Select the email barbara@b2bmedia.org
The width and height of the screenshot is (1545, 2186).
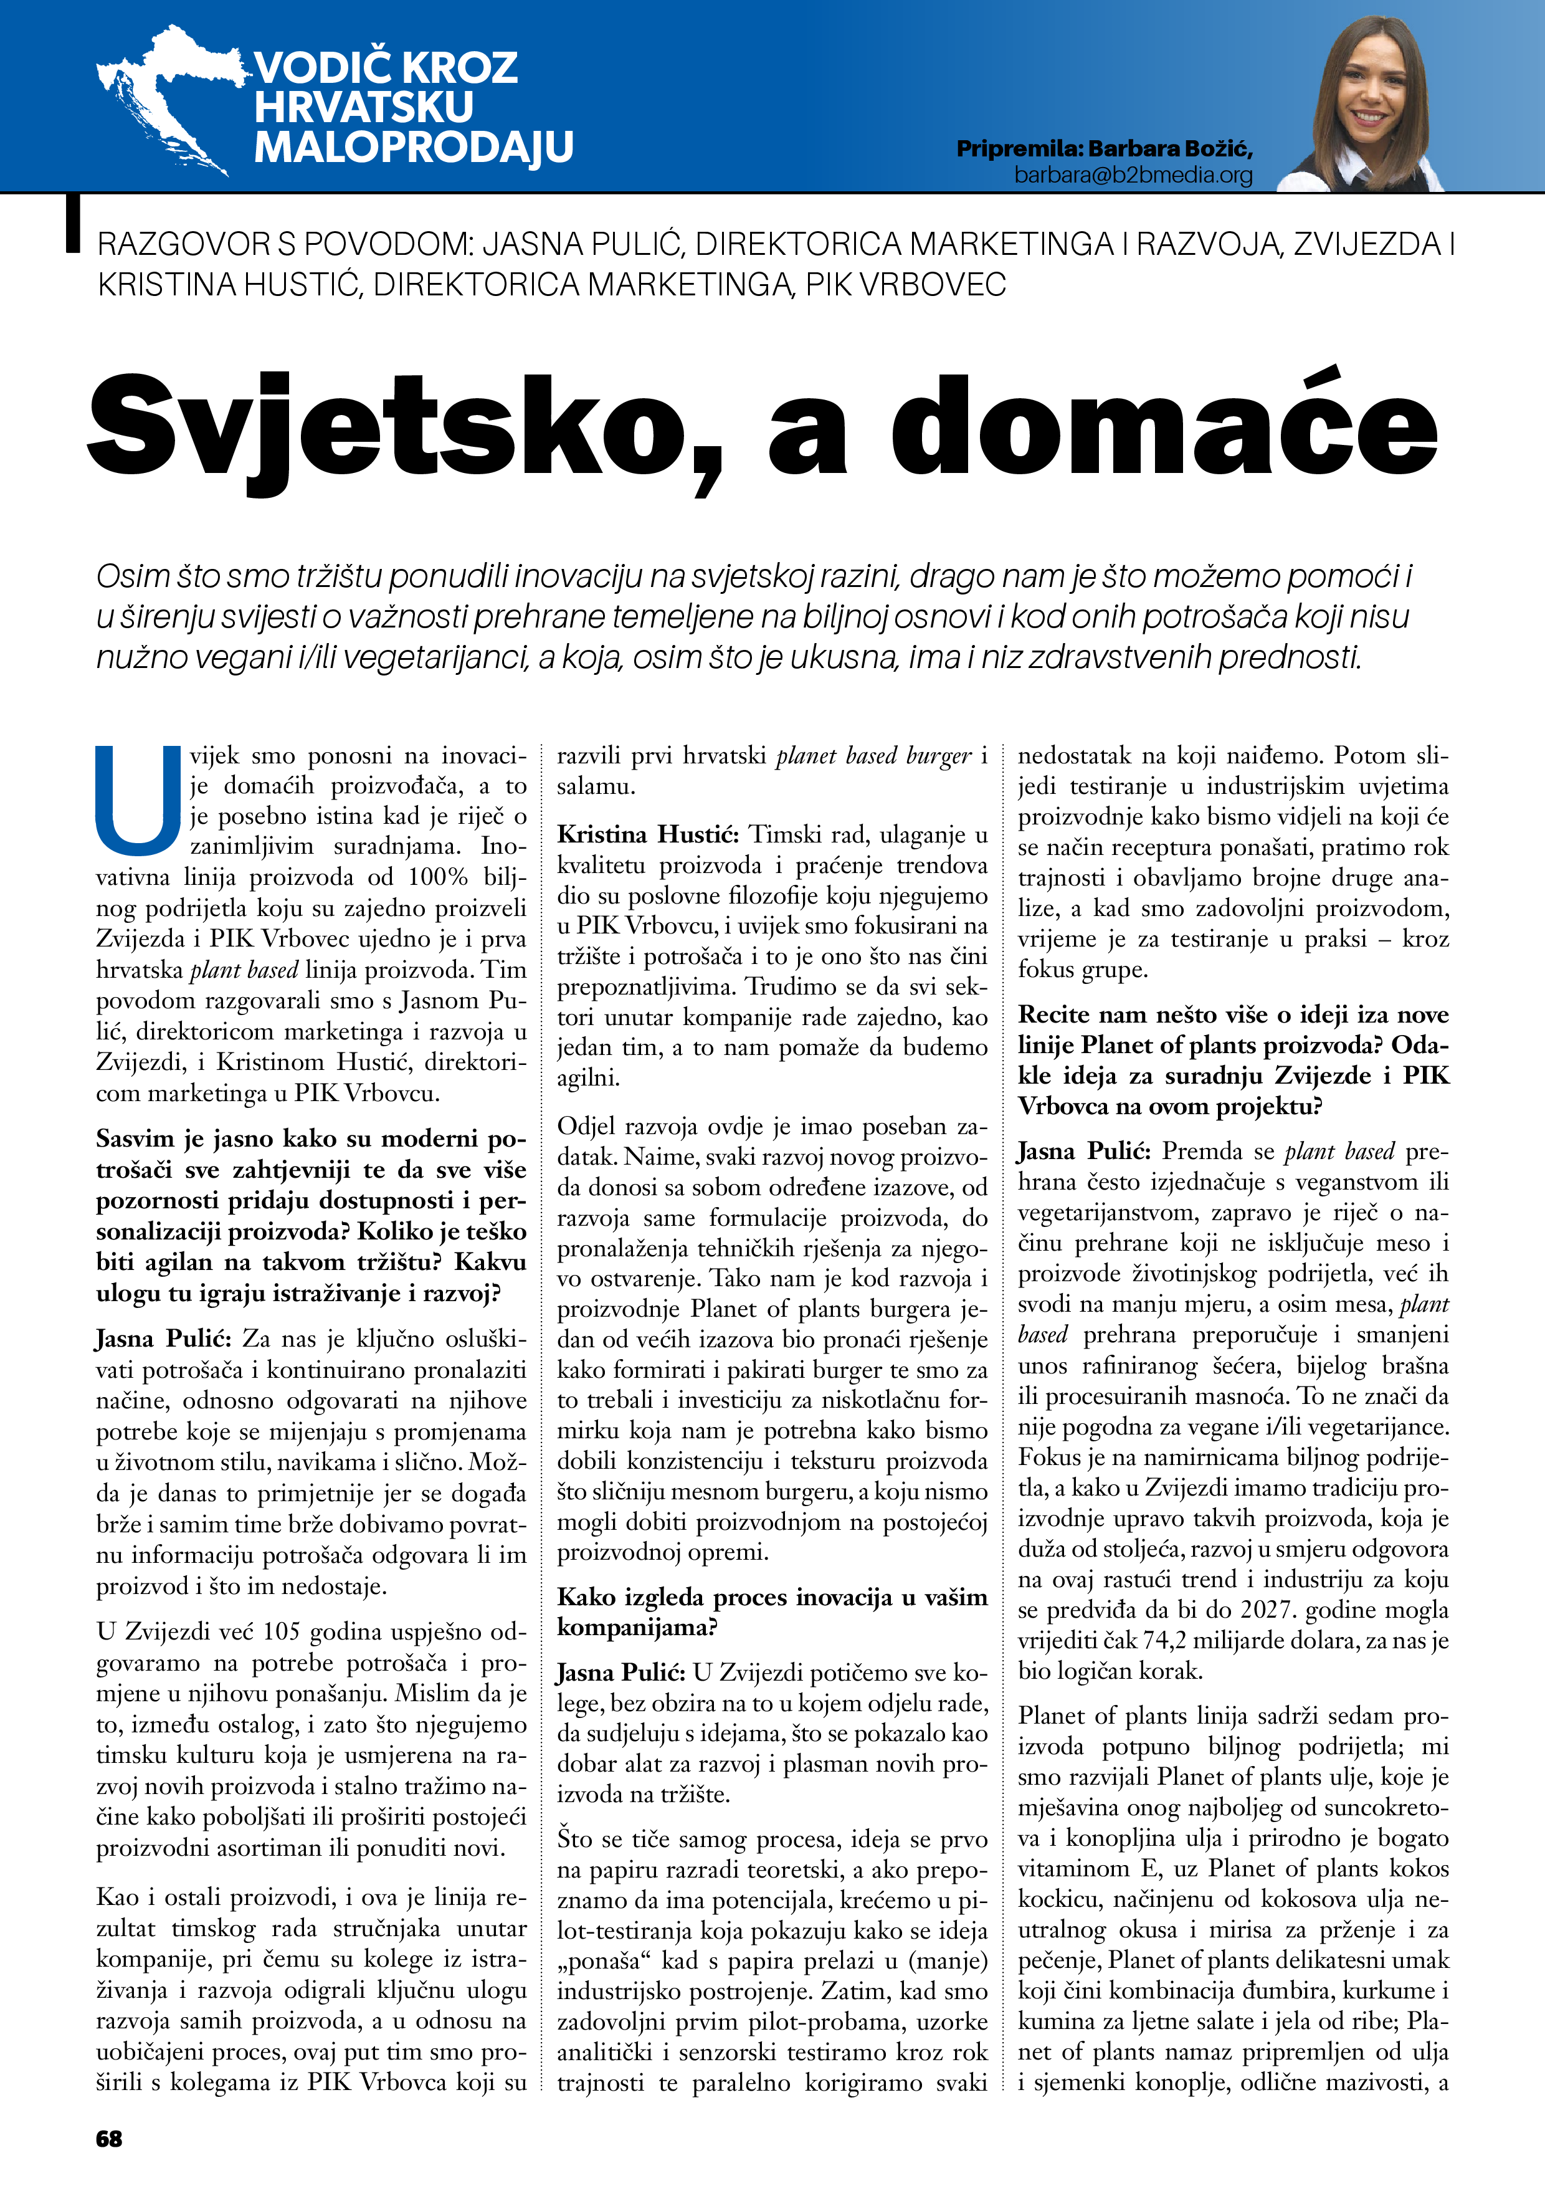click(x=1133, y=175)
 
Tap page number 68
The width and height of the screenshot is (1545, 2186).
click(x=110, y=2139)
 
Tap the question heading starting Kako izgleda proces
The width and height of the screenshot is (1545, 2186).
click(x=771, y=1597)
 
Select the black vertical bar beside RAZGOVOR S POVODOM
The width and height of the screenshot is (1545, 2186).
click(x=72, y=225)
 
